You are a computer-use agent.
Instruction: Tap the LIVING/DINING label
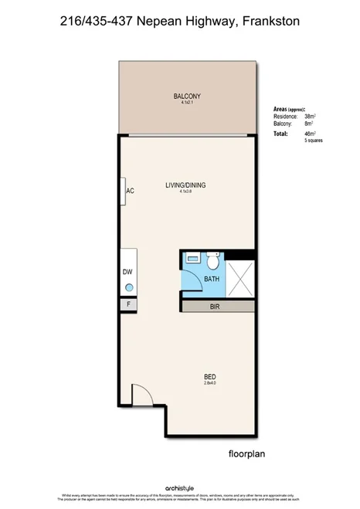[x=185, y=185]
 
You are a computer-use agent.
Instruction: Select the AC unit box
[x=129, y=191]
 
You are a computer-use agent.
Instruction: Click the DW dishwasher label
[x=127, y=272]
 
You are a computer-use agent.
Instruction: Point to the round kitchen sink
[x=129, y=287]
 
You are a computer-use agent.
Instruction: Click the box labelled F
[x=128, y=304]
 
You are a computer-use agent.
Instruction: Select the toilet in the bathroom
[x=194, y=261]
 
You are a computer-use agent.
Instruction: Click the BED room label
[x=209, y=377]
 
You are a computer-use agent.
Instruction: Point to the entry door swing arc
[x=141, y=395]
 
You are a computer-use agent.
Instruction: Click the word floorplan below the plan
[x=247, y=454]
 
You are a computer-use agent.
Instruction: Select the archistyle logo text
[x=180, y=488]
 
